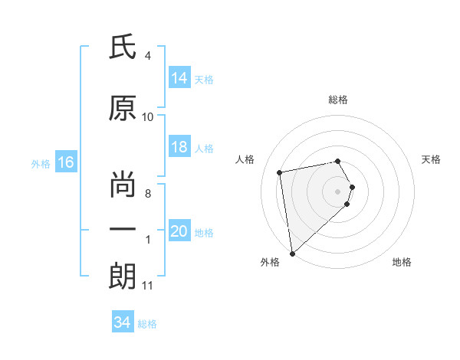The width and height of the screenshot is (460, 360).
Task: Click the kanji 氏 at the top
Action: tap(122, 47)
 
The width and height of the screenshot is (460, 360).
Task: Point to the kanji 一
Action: tap(122, 231)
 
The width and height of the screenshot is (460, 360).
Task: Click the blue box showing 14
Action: tap(179, 78)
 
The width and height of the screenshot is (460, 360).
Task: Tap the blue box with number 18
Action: tap(179, 148)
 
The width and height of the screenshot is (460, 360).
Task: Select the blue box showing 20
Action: tap(179, 232)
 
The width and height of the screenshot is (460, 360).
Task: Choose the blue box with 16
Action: tap(65, 162)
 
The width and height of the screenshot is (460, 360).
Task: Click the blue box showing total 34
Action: tap(122, 322)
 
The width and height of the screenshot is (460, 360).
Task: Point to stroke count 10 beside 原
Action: tap(148, 117)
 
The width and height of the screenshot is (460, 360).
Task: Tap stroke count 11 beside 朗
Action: tap(148, 286)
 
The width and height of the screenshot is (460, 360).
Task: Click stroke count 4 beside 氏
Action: tap(147, 56)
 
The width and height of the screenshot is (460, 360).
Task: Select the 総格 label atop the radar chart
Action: tap(338, 100)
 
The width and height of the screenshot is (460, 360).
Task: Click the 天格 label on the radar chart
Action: tap(432, 159)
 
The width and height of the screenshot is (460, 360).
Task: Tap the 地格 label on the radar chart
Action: tap(402, 262)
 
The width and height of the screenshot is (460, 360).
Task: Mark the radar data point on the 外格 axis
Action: tap(292, 253)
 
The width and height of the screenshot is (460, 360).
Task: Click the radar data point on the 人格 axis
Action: tap(280, 172)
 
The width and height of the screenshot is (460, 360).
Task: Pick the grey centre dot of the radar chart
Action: tap(338, 191)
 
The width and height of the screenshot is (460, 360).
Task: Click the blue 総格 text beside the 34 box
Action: tap(147, 324)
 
